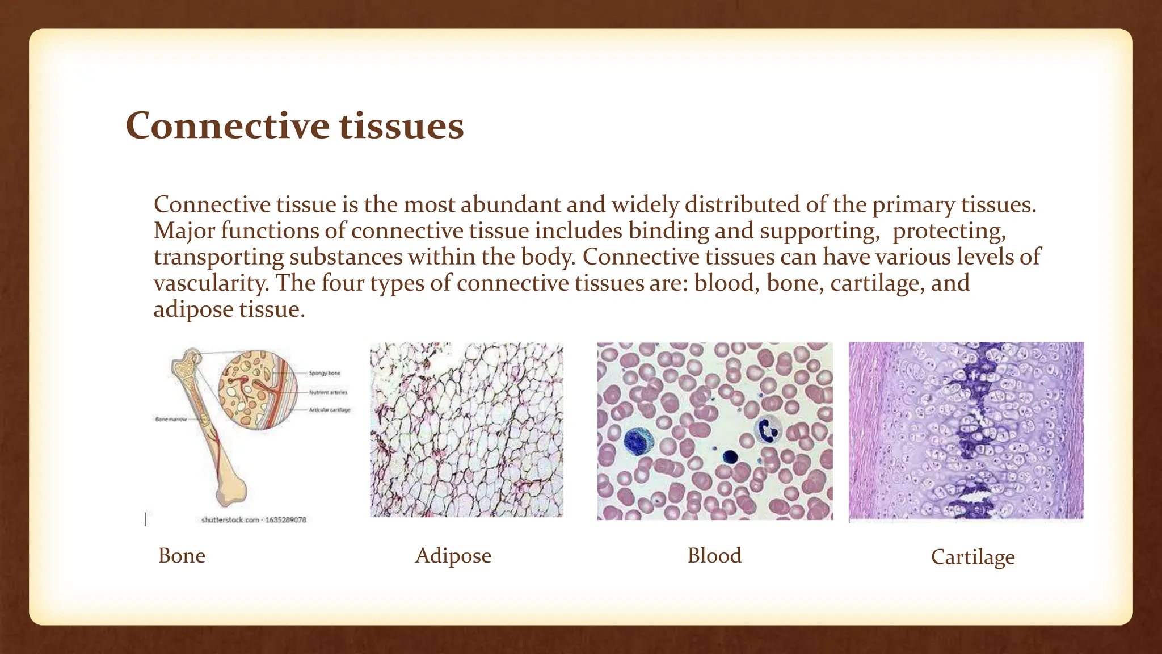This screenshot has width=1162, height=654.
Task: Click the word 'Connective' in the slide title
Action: [227, 125]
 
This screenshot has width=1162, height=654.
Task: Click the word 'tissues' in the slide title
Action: [402, 125]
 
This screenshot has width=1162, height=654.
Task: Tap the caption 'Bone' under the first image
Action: [182, 555]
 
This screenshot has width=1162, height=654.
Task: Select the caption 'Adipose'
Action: [453, 555]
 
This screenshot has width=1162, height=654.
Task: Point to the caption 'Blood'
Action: [714, 555]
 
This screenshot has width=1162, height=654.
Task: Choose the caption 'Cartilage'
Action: [972, 557]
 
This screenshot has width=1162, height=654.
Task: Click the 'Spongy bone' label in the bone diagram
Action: [325, 373]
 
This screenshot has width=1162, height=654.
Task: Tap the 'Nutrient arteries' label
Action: [328, 392]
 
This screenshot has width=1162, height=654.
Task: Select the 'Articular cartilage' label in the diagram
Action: [330, 409]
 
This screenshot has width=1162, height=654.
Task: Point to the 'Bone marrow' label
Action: [171, 419]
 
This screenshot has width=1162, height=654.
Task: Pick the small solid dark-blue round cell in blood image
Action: [730, 456]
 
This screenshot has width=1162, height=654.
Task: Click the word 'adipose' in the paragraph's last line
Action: [193, 309]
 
